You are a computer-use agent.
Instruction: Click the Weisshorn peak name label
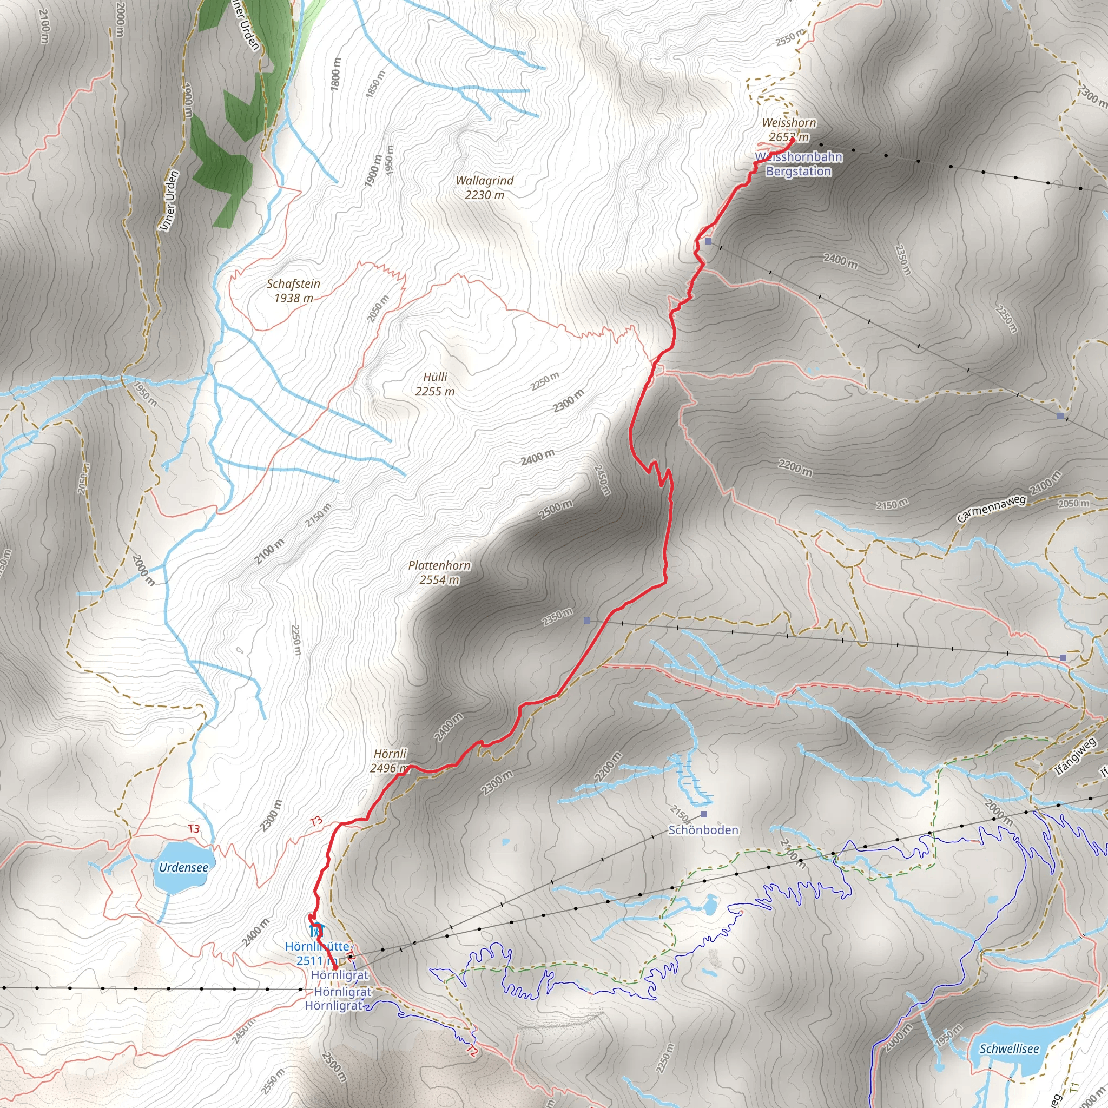tap(789, 123)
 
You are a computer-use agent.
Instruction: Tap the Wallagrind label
tap(485, 181)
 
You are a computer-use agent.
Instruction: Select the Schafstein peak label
tap(294, 284)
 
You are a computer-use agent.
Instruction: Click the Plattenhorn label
tap(439, 565)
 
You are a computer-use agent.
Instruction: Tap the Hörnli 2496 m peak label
tap(390, 754)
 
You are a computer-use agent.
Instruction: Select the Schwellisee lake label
tap(1009, 1049)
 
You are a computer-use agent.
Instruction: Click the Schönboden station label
tap(703, 830)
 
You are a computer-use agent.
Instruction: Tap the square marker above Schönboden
tap(704, 814)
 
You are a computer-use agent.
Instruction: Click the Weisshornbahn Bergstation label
tap(799, 164)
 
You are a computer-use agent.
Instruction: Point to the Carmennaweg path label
tap(991, 509)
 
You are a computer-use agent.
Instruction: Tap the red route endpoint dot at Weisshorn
tap(792, 140)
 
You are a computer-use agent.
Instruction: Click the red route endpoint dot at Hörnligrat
tap(335, 968)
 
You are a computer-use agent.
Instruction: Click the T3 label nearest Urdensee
tap(194, 829)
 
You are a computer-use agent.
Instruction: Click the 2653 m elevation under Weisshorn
tap(789, 137)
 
